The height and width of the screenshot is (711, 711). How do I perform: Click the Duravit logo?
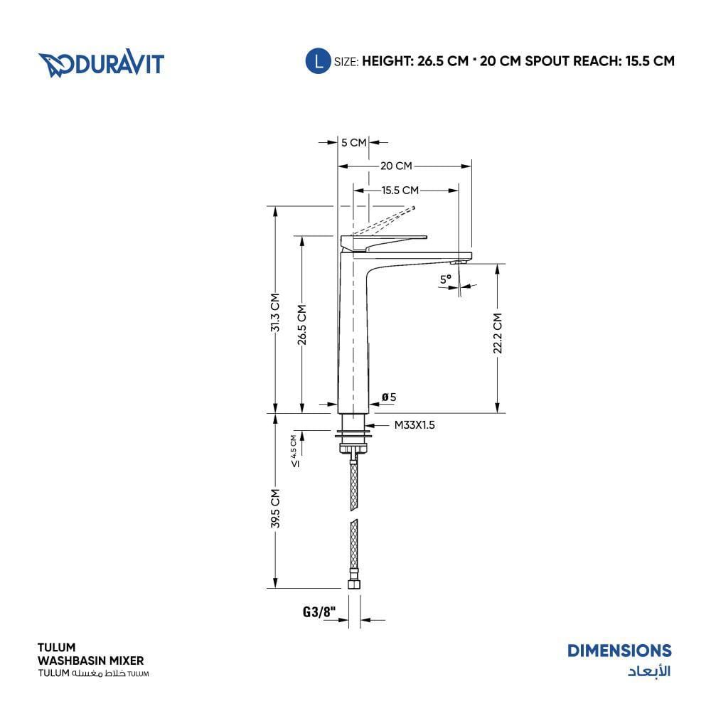tap(101, 63)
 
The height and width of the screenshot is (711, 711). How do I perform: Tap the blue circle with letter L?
tap(319, 60)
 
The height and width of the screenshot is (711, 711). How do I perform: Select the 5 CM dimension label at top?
tap(353, 142)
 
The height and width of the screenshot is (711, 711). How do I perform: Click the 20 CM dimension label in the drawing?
tap(396, 166)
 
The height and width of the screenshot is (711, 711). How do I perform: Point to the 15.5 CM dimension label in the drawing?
tap(400, 191)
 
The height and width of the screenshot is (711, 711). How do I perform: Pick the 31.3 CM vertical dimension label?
tap(275, 312)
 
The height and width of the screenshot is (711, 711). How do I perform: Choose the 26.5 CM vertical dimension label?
tap(302, 325)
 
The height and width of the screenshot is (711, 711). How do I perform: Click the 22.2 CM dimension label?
tap(498, 333)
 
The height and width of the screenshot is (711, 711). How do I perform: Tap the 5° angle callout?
tap(446, 279)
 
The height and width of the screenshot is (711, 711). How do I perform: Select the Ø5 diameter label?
tap(389, 397)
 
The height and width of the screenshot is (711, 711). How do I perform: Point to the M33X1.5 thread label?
tap(415, 425)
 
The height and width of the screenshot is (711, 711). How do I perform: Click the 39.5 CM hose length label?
tap(275, 508)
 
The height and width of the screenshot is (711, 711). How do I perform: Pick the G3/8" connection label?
tap(319, 611)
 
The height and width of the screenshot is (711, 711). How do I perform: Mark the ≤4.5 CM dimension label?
tap(295, 451)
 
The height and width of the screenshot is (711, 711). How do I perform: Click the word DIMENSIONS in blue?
tap(619, 651)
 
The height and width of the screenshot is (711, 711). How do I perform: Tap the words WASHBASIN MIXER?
tap(91, 661)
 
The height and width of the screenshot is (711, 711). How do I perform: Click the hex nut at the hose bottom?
tap(354, 583)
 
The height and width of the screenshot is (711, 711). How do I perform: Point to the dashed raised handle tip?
tap(413, 208)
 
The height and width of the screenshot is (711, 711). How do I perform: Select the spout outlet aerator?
tap(458, 262)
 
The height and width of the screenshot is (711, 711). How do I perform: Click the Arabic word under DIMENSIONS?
tap(649, 670)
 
